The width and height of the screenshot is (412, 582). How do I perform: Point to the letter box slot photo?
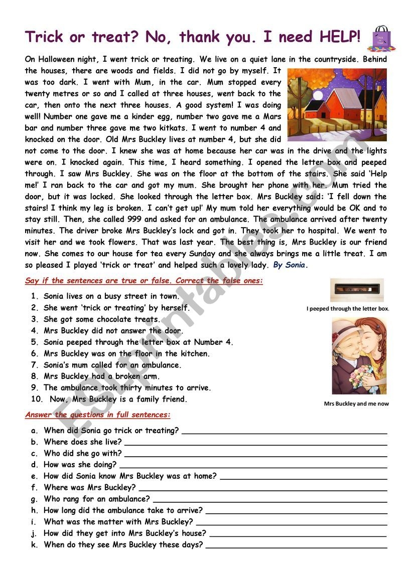[x=356, y=290]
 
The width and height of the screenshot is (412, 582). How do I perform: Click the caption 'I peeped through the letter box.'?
[x=348, y=309]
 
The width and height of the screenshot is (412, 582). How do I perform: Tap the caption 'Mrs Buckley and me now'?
[x=356, y=404]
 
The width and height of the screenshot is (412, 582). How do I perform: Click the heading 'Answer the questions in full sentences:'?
[x=98, y=415]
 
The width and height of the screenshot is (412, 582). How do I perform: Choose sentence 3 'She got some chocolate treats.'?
[x=102, y=319]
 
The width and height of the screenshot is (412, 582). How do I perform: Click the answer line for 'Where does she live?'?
[x=255, y=443]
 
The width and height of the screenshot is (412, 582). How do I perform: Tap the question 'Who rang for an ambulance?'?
[x=97, y=499]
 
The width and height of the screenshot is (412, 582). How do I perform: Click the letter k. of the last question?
[x=34, y=544]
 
